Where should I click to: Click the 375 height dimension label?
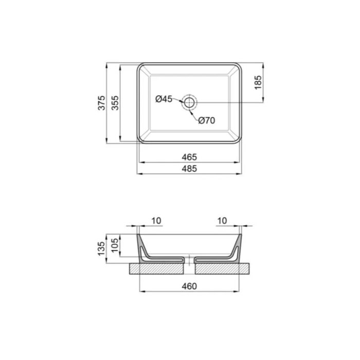point(102,103)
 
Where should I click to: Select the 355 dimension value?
point(116,103)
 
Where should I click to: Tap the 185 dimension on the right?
point(258,83)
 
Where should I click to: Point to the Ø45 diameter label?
point(164,99)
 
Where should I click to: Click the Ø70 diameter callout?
point(206,121)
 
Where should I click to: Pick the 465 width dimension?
point(190,156)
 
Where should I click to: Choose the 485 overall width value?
point(190,168)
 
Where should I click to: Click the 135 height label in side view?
point(102,249)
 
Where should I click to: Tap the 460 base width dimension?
point(190,286)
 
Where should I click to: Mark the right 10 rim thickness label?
point(222,221)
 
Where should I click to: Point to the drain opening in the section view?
point(190,261)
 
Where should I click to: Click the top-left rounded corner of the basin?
point(140,66)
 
